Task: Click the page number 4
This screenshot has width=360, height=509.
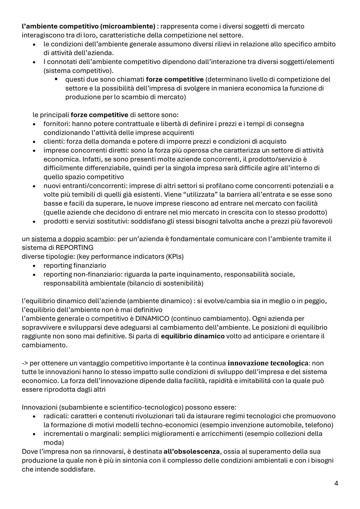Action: pyautogui.click(x=336, y=483)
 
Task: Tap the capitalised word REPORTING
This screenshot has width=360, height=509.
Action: pyautogui.click(x=74, y=248)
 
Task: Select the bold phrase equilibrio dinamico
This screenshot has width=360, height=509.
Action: pyautogui.click(x=193, y=336)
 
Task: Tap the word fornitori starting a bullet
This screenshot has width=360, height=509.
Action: pyautogui.click(x=56, y=124)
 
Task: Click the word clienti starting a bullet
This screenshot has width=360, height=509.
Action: pyautogui.click(x=53, y=142)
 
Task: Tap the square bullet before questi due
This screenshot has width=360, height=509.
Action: pyautogui.click(x=56, y=79)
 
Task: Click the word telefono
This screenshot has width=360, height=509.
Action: pyautogui.click(x=319, y=425)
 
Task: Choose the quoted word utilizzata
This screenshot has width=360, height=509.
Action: pyautogui.click(x=195, y=195)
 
